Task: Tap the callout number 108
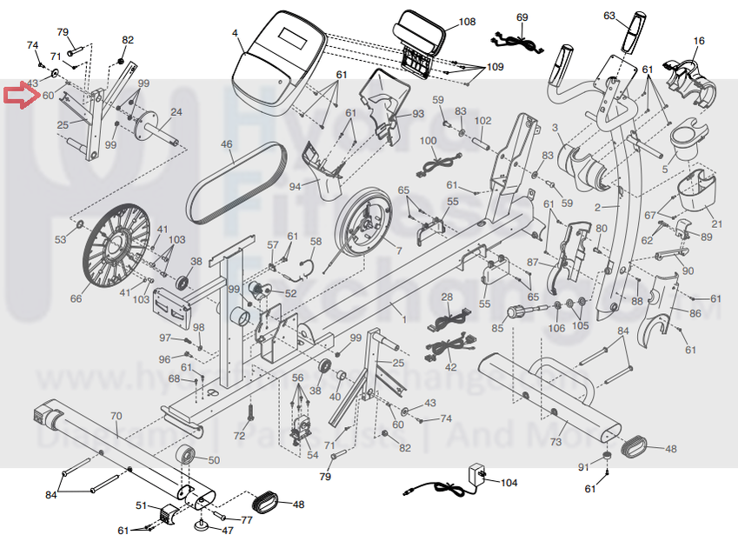[x=467, y=21]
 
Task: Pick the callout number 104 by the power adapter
[x=509, y=482]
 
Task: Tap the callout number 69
[x=522, y=17]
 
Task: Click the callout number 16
[x=699, y=41]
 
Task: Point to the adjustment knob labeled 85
[x=522, y=311]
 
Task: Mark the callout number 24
[x=176, y=111]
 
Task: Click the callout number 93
[x=418, y=114]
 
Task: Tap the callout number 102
[x=483, y=120]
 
